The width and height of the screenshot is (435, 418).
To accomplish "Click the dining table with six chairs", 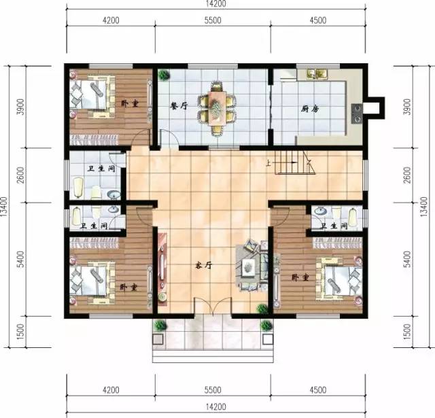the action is (217, 108).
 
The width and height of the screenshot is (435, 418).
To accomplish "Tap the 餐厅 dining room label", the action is (179, 105).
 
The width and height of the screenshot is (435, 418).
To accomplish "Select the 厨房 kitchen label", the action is (310, 109).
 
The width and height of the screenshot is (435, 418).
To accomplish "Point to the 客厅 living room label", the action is (204, 266).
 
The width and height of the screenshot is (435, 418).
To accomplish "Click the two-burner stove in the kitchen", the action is (357, 114).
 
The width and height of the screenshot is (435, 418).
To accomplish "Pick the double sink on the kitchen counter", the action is (317, 73).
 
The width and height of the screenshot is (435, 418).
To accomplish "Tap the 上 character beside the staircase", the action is (268, 164).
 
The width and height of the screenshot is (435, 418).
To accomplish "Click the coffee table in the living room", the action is (248, 267).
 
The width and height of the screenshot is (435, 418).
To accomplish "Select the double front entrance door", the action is (213, 307).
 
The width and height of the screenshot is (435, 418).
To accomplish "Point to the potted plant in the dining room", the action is (164, 75).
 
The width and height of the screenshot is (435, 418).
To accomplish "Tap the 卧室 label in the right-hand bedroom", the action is (300, 277).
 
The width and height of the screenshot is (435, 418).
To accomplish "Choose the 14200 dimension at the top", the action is (216, 3).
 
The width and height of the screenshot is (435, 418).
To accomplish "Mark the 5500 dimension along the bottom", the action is (213, 390).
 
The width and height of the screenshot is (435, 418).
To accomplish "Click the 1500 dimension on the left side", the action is (20, 332).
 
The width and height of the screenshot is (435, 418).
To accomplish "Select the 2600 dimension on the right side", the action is (407, 175).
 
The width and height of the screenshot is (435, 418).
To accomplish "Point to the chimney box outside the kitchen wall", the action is (376, 108).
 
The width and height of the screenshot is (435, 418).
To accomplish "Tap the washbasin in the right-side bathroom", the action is (320, 211).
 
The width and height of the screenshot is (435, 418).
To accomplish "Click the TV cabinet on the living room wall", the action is (162, 269).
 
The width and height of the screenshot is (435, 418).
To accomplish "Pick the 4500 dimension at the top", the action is (318, 20).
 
